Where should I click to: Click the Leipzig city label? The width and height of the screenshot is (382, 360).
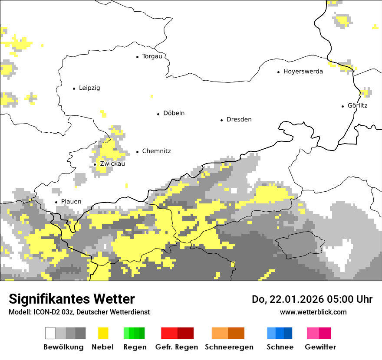pyautogui.click(x=89, y=88)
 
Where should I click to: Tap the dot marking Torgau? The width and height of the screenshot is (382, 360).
pyautogui.click(x=137, y=57)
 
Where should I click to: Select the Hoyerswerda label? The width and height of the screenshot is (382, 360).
pyautogui.click(x=303, y=72)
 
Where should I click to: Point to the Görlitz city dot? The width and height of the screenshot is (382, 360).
pyautogui.click(x=343, y=106)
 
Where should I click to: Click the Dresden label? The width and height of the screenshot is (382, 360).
pyautogui.click(x=239, y=120)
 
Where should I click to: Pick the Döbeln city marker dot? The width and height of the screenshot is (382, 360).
pyautogui.click(x=158, y=114)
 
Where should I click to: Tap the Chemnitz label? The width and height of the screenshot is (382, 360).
pyautogui.click(x=156, y=151)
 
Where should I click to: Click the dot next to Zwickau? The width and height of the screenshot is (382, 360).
pyautogui.click(x=95, y=164)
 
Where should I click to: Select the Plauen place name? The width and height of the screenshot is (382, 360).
pyautogui.click(x=71, y=202)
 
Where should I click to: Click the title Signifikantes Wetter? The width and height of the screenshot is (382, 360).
pyautogui.click(x=72, y=299)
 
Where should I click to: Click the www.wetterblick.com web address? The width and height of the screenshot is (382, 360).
pyautogui.click(x=313, y=312)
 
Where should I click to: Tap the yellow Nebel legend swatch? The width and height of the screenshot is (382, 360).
pyautogui.click(x=103, y=333)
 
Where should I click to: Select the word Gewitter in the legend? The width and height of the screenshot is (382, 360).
pyautogui.click(x=320, y=347)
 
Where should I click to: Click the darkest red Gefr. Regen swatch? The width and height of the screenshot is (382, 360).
pyautogui.click(x=185, y=333)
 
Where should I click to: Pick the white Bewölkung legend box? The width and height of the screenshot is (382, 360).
pyautogui.click(x=50, y=333)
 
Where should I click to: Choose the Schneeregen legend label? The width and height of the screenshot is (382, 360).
pyautogui.click(x=229, y=347)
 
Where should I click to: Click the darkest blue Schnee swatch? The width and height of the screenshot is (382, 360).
pyautogui.click(x=288, y=333)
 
